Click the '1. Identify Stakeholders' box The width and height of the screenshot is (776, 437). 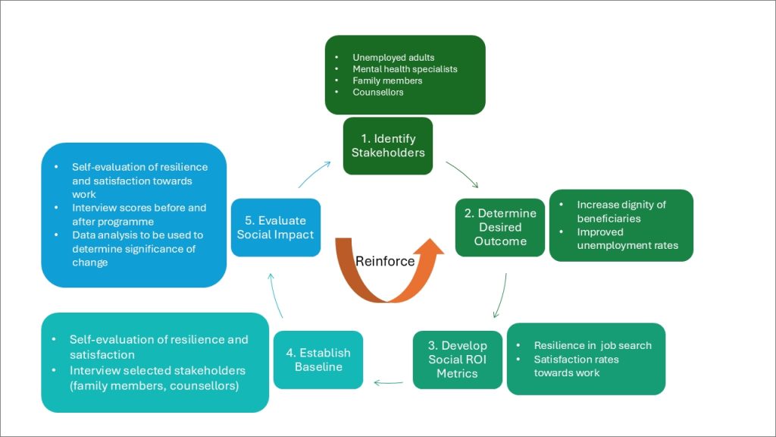[388, 145]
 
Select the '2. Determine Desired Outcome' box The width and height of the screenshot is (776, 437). [499, 227]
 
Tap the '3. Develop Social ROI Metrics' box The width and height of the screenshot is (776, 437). [457, 360]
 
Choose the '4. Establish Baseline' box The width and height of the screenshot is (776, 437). [318, 360]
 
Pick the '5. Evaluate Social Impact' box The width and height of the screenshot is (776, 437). [275, 228]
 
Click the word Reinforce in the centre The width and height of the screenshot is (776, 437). [386, 261]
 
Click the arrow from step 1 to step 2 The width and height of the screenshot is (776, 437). [462, 174]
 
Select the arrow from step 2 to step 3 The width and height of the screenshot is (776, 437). [500, 294]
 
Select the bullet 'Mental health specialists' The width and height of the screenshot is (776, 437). [405, 69]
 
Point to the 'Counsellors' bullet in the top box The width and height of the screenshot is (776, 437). [378, 92]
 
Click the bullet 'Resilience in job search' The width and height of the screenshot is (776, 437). [593, 345]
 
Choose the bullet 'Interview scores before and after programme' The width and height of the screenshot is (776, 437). [139, 215]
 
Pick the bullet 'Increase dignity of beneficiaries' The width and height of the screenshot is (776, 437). [621, 212]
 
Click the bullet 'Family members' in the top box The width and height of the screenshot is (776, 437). [387, 80]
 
